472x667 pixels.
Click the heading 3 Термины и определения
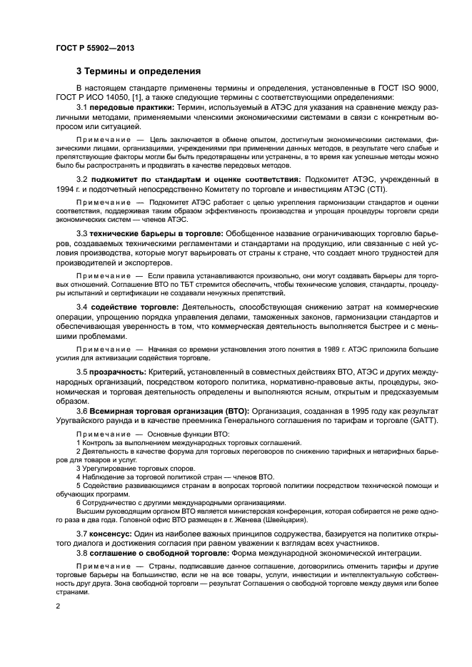pyautogui.click(x=139, y=71)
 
